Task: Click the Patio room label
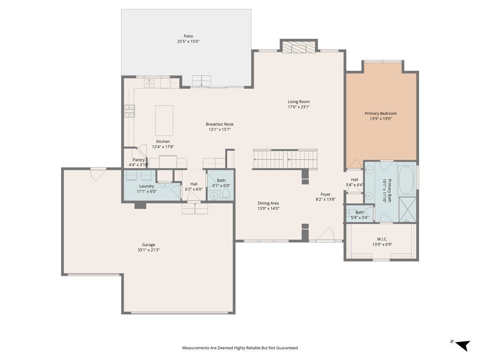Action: pyautogui.click(x=188, y=36)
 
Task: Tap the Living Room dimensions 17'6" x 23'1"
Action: pyautogui.click(x=298, y=107)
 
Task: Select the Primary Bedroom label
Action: pyautogui.click(x=380, y=114)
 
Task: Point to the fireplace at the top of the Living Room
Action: pyautogui.click(x=298, y=47)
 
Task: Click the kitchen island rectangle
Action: pyautogui.click(x=164, y=120)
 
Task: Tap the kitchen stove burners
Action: pyautogui.click(x=129, y=111)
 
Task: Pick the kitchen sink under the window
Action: pyautogui.click(x=149, y=84)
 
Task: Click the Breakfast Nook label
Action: pyautogui.click(x=220, y=124)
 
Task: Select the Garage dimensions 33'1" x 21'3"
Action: pyautogui.click(x=148, y=250)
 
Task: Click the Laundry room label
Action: pyautogui.click(x=146, y=186)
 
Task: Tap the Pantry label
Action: pyautogui.click(x=139, y=160)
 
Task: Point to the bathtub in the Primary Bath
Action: pyautogui.click(x=406, y=179)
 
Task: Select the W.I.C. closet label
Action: pyautogui.click(x=382, y=239)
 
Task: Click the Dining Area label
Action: pyautogui.click(x=268, y=203)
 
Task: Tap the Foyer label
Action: pyautogui.click(x=325, y=194)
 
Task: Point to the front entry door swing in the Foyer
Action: pyautogui.click(x=326, y=234)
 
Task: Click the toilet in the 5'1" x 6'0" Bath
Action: pyautogui.click(x=226, y=194)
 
